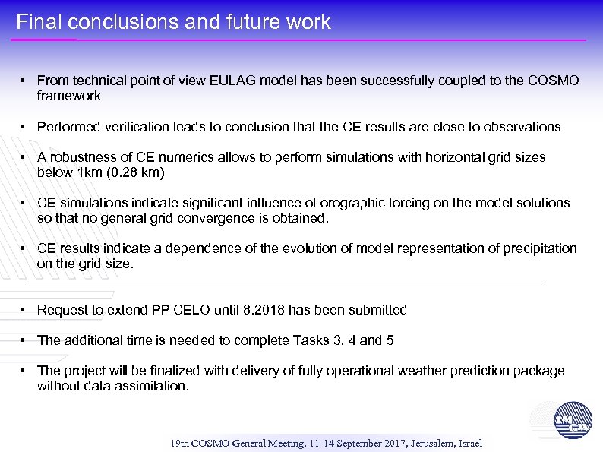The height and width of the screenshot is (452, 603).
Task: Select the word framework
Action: pyautogui.click(x=68, y=96)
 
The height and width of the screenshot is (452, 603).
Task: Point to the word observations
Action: pyautogui.click(x=522, y=127)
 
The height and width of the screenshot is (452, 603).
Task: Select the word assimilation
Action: pyautogui.click(x=150, y=386)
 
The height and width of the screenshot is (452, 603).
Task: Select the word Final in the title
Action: pyautogui.click(x=33, y=22)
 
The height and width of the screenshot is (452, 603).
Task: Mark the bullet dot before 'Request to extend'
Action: pyautogui.click(x=25, y=310)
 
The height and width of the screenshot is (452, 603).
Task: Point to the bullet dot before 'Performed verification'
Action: pyautogui.click(x=25, y=127)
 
